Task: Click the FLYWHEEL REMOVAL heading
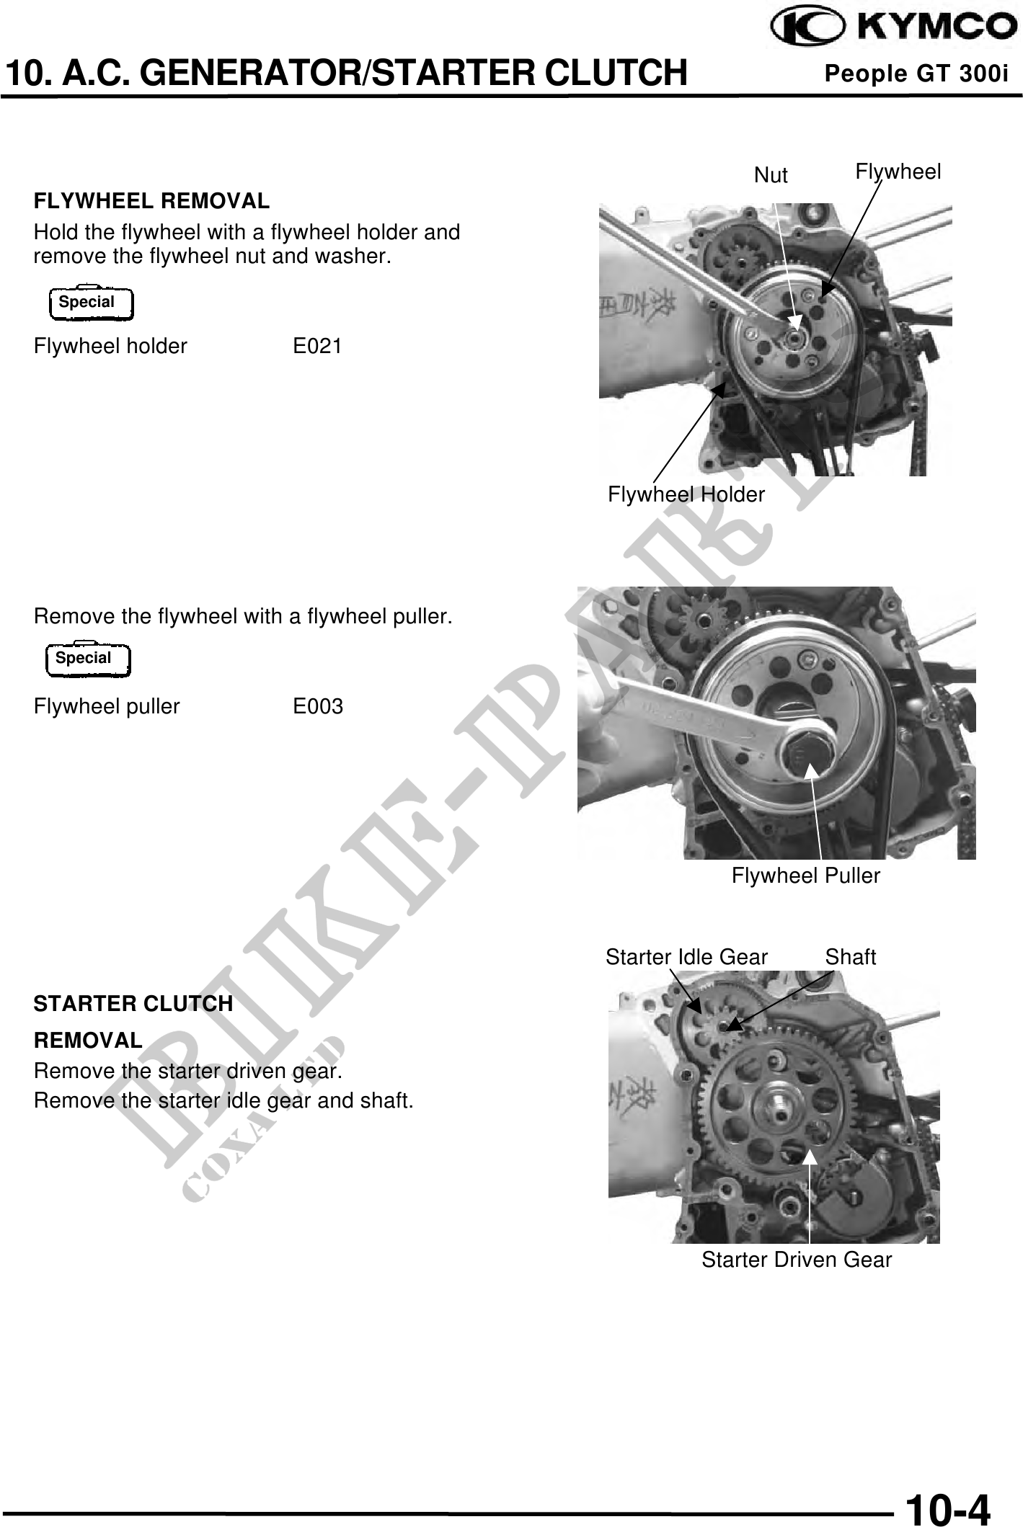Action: pyautogui.click(x=151, y=202)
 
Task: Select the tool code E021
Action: pyautogui.click(x=317, y=347)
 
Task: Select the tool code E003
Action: pyautogui.click(x=318, y=707)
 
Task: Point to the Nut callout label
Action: pyautogui.click(x=771, y=175)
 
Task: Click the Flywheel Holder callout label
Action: pyautogui.click(x=686, y=495)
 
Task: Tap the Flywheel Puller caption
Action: pyautogui.click(x=806, y=876)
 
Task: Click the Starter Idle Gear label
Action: pyautogui.click(x=686, y=957)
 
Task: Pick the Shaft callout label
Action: pyautogui.click(x=851, y=957)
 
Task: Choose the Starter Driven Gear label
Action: pyautogui.click(x=797, y=1260)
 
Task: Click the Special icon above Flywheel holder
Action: pyautogui.click(x=91, y=303)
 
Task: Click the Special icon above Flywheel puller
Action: pyautogui.click(x=88, y=659)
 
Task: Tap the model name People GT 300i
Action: pyautogui.click(x=916, y=74)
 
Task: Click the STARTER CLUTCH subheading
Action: pyautogui.click(x=133, y=1004)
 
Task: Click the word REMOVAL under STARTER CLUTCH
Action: pyautogui.click(x=88, y=1041)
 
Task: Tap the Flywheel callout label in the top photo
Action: pyautogui.click(x=898, y=172)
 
